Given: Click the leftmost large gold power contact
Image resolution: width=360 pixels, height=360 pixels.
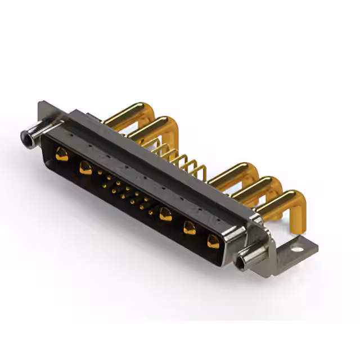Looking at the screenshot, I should [x=62, y=154].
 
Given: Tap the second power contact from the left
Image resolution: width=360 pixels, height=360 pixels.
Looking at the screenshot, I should [x=85, y=167].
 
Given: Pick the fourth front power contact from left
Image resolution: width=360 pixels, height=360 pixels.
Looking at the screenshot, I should [x=190, y=228].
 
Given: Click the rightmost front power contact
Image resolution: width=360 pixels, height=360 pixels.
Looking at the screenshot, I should [x=213, y=242].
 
